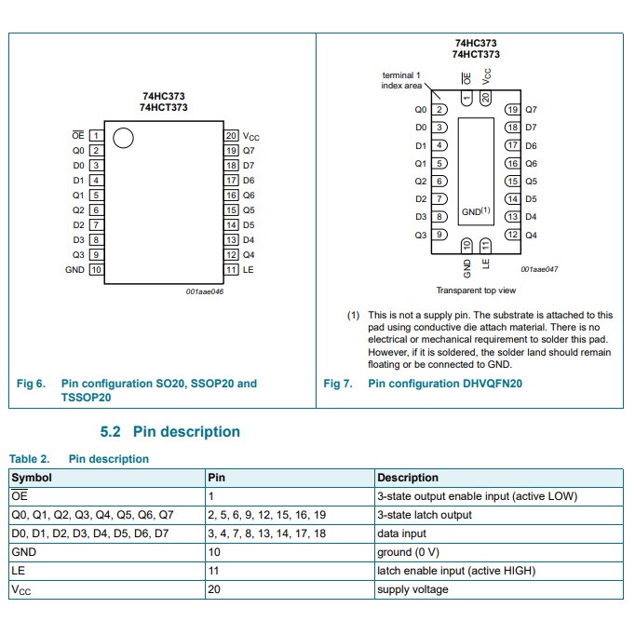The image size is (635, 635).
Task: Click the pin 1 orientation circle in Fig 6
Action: [122, 139]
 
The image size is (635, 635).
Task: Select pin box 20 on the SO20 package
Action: [232, 135]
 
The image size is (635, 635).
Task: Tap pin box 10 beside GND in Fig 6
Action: [96, 270]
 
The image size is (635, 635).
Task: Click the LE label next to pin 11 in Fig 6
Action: [248, 270]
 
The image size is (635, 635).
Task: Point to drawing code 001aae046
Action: [205, 290]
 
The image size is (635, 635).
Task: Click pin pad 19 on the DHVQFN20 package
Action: [512, 110]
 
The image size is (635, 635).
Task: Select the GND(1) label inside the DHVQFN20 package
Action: [476, 212]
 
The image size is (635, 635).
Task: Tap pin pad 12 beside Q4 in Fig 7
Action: [512, 235]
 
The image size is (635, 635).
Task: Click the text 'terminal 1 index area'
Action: [401, 80]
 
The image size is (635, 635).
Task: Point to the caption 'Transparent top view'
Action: [475, 290]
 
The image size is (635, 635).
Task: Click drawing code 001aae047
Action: [539, 269]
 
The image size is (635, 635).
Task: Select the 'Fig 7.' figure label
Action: [338, 384]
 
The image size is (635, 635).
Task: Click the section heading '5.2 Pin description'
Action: [169, 432]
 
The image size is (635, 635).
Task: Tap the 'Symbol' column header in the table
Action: [32, 478]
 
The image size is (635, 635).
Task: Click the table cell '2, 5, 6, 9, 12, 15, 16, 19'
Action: [266, 515]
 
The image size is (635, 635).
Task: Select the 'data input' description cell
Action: [401, 534]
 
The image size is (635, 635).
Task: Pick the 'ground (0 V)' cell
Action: [406, 552]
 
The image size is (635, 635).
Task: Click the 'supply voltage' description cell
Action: [412, 589]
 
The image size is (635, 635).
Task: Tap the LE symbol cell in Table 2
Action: [18, 571]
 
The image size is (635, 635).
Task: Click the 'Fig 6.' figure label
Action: [31, 384]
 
